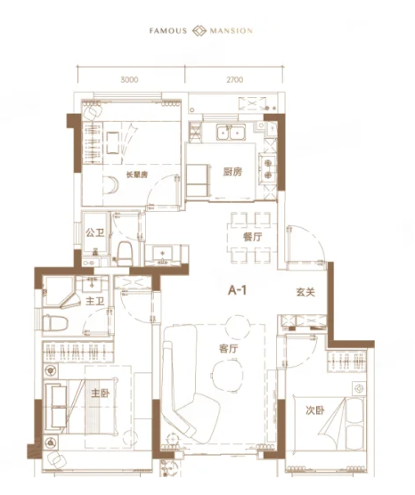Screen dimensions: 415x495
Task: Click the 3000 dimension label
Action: (129, 79)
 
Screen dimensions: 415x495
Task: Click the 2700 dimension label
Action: (234, 79)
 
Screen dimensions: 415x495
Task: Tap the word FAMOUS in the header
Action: (168, 31)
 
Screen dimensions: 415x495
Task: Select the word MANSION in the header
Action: (232, 31)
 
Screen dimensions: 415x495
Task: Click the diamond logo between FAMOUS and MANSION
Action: (199, 30)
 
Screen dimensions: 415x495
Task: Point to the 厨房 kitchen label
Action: (232, 172)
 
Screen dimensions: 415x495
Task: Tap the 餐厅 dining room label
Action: (253, 237)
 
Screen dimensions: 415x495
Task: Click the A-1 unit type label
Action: (237, 290)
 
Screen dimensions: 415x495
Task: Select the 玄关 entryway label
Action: (305, 292)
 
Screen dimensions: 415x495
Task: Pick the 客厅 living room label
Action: (228, 349)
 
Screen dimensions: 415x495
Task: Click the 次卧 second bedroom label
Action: (315, 410)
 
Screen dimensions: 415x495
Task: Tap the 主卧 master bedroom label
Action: (101, 394)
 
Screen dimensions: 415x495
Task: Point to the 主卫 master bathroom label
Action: (94, 301)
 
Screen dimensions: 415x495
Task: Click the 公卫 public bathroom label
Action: (95, 233)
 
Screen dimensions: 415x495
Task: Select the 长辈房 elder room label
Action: (137, 174)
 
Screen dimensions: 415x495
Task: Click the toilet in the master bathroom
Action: (55, 323)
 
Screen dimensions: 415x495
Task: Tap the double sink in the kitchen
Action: (231, 132)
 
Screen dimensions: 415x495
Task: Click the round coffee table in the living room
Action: (227, 376)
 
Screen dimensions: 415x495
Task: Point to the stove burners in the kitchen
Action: (268, 169)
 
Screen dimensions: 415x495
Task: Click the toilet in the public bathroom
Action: (125, 254)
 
